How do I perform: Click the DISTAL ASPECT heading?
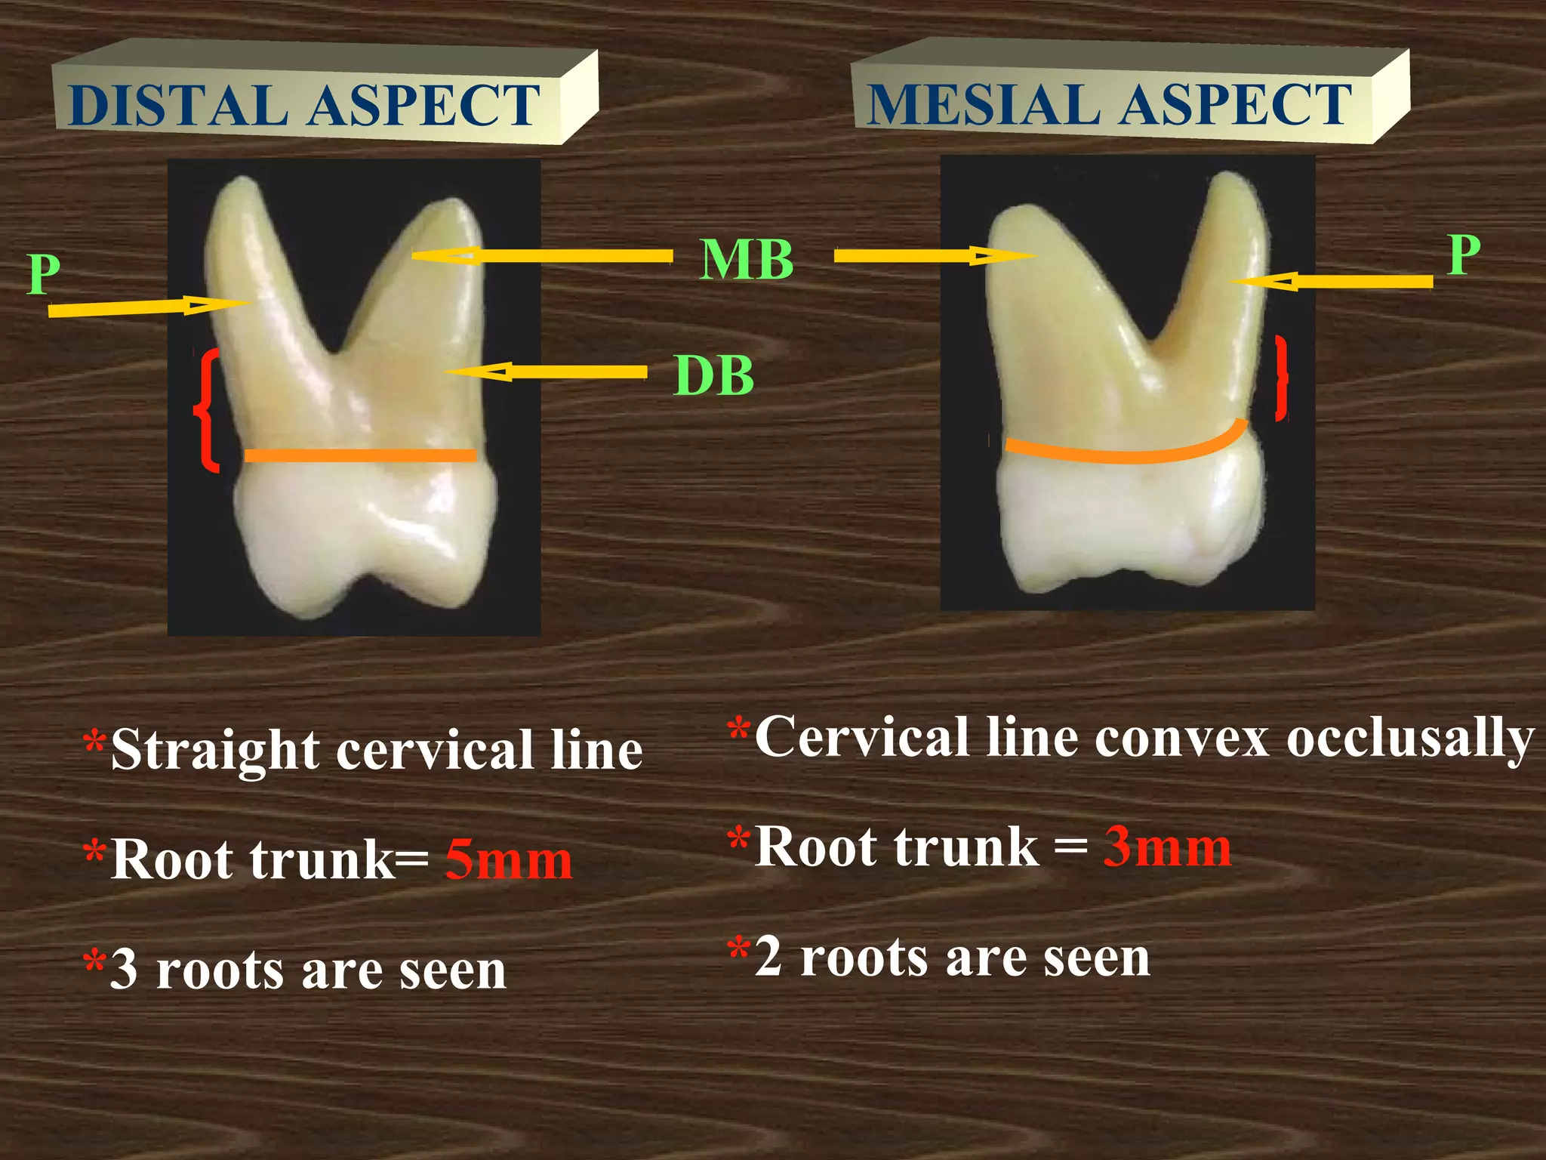tap(303, 105)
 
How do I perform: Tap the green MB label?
tap(746, 260)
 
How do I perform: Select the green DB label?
tap(713, 375)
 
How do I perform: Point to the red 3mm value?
tap(1167, 847)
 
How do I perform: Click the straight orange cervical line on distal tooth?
tap(361, 455)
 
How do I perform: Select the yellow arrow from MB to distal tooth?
tap(542, 256)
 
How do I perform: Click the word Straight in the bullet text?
tap(215, 751)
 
